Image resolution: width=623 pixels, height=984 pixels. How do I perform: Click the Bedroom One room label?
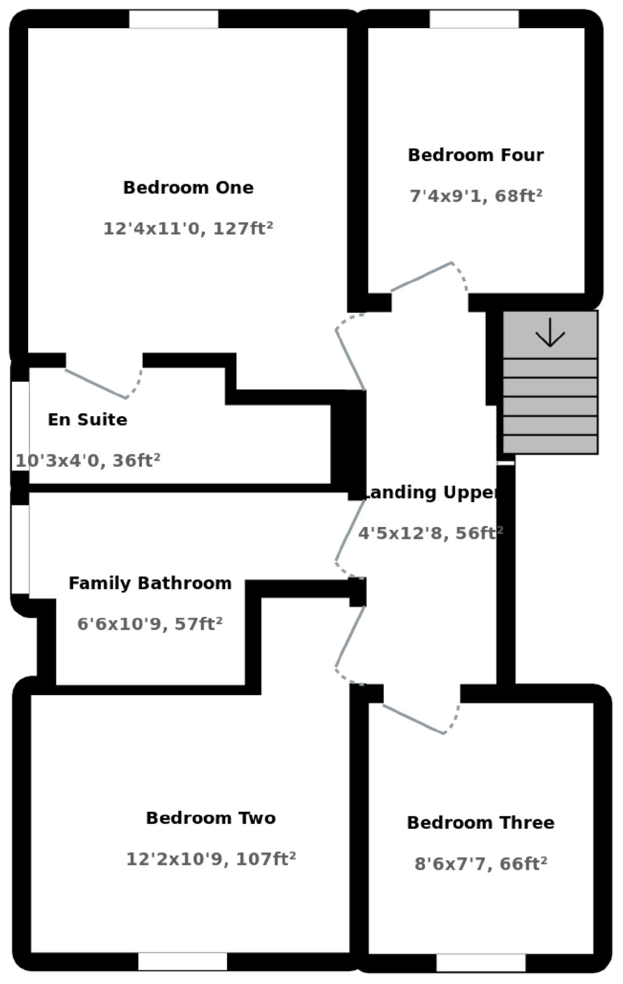tap(188, 188)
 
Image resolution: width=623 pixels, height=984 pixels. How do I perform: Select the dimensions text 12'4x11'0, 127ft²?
tap(188, 228)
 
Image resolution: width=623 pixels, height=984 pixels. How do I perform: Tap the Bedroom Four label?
tap(476, 155)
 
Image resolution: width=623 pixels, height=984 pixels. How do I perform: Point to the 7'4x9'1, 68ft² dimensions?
tap(476, 196)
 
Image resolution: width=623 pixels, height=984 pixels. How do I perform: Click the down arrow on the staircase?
tap(550, 333)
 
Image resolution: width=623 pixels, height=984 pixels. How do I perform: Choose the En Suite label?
tap(87, 419)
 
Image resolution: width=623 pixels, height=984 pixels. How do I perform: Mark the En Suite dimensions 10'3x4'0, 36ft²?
tap(88, 460)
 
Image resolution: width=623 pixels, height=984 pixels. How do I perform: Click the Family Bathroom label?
tap(150, 583)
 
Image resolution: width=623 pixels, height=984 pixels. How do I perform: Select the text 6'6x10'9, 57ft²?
tap(150, 624)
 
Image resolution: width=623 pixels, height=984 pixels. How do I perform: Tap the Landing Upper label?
tap(431, 492)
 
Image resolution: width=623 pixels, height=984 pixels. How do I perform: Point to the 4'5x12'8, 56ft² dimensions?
tap(431, 533)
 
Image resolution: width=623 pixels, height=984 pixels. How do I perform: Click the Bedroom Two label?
tap(211, 818)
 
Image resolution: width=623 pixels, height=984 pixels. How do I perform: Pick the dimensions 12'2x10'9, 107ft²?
tap(211, 859)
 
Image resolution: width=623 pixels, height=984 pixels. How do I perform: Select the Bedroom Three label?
tap(481, 823)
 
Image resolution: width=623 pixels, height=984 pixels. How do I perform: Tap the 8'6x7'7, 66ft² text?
tap(481, 864)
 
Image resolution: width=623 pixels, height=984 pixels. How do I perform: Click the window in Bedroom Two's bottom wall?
tap(182, 962)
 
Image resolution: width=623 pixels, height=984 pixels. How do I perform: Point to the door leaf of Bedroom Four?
tap(422, 277)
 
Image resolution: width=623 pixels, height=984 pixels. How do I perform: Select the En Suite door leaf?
tap(96, 384)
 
